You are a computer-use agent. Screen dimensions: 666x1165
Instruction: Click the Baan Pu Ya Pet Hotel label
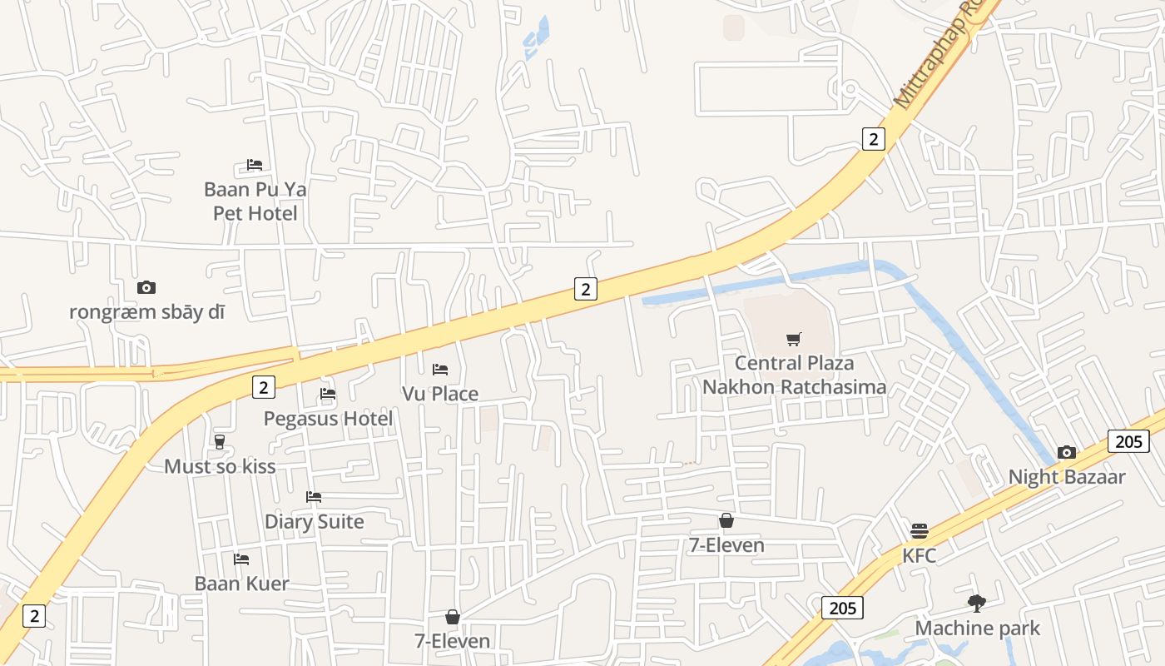coord(255,201)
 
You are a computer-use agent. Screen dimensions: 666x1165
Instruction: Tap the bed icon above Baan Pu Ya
coord(255,165)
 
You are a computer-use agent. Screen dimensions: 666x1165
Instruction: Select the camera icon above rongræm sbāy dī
coord(146,287)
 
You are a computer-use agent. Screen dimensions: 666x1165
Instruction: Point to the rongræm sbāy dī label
coord(146,312)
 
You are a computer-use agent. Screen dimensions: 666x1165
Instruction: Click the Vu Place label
coord(440,394)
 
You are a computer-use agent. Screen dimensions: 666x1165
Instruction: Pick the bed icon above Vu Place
coord(440,369)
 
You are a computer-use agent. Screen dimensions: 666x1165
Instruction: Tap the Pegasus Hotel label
coord(328,418)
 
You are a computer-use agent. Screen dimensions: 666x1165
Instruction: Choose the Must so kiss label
coord(220,466)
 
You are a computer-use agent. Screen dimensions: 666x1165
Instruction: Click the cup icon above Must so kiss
coord(220,441)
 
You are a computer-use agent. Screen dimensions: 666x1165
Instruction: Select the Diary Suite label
coord(314,522)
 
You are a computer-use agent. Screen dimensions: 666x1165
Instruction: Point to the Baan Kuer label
coord(241,584)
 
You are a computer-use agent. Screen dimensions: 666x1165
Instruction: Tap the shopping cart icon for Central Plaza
coord(794,339)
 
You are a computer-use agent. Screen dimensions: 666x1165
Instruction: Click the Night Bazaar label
coord(1066,477)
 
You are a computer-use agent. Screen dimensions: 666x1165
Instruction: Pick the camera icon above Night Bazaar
coord(1066,452)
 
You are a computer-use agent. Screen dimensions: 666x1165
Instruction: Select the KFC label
coord(919,555)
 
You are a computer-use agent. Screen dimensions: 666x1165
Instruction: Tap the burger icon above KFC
coord(919,530)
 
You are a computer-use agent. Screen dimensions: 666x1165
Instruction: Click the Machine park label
coord(977,628)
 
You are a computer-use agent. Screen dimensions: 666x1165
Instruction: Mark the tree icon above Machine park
coord(977,603)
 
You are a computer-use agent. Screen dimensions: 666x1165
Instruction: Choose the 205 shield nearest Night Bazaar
coord(1128,441)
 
